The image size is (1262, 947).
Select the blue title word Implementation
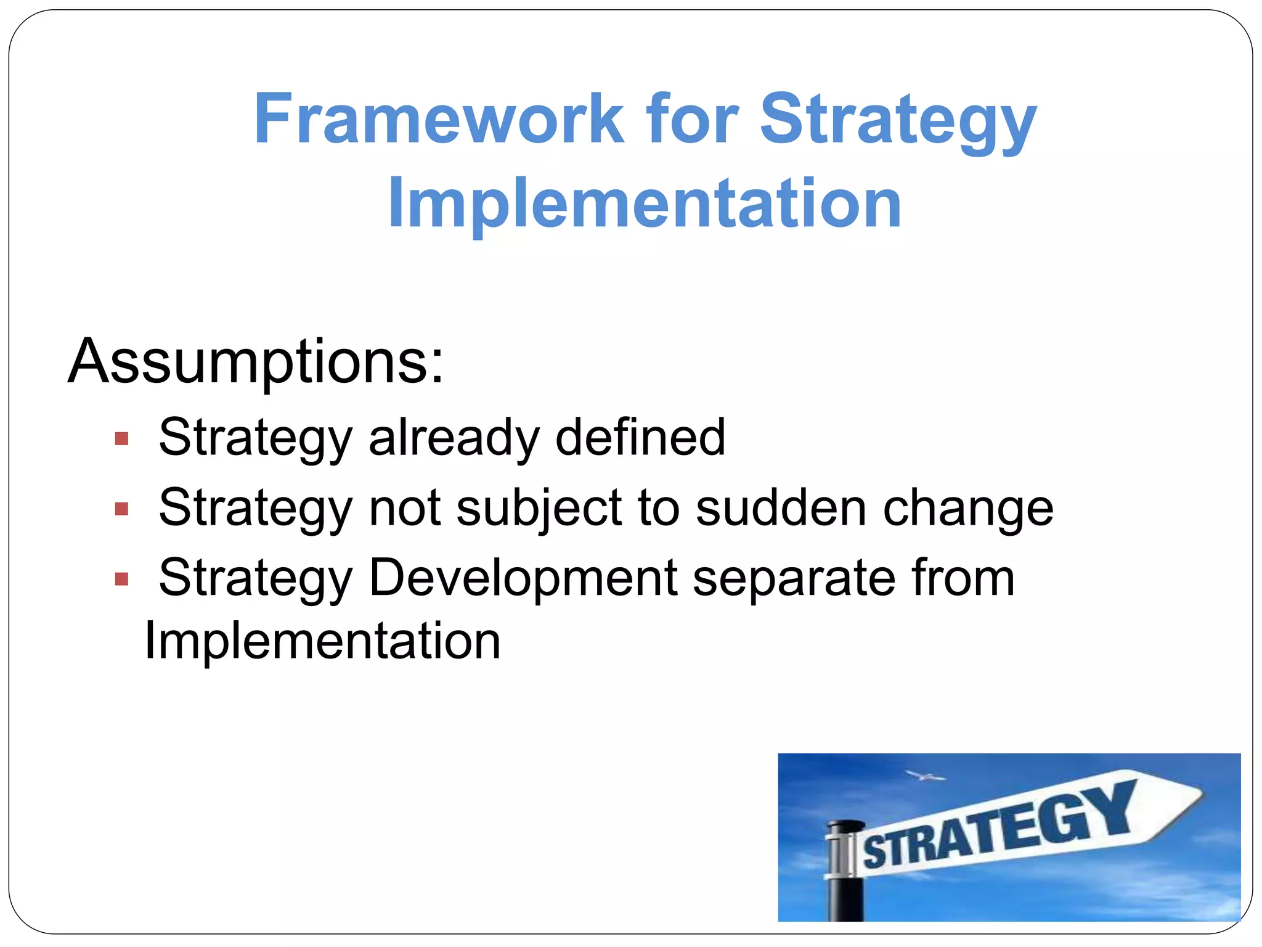coord(645,203)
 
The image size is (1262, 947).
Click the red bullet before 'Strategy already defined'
coord(121,439)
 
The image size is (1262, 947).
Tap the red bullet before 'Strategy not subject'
coord(121,509)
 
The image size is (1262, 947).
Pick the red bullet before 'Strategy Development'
coord(121,580)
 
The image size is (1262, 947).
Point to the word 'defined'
coord(640,438)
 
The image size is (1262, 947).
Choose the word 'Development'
coord(523,578)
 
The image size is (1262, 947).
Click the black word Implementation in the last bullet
coord(322,641)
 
